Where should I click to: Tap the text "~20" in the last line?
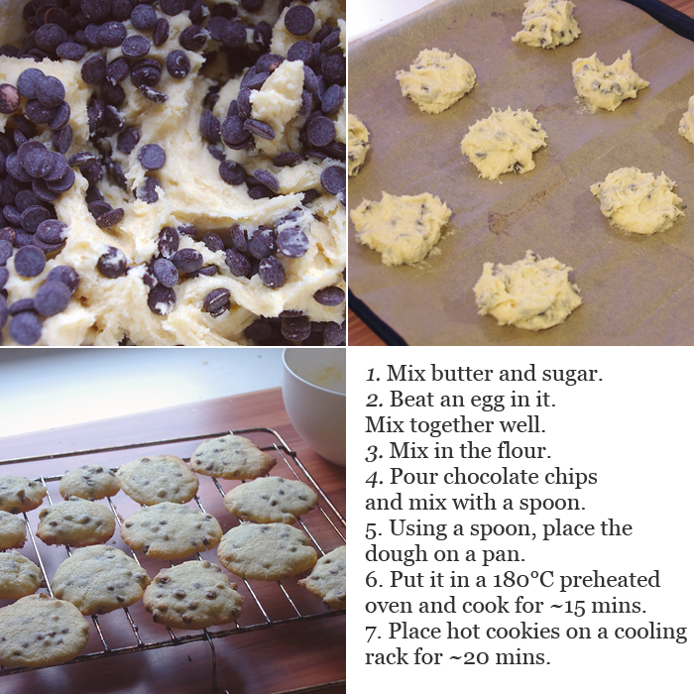(469, 657)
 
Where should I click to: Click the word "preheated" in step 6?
(610, 581)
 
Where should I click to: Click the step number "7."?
(374, 633)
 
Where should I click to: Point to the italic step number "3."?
(374, 452)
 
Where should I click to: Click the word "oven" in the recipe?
(389, 607)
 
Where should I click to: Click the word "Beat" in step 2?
(409, 400)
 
